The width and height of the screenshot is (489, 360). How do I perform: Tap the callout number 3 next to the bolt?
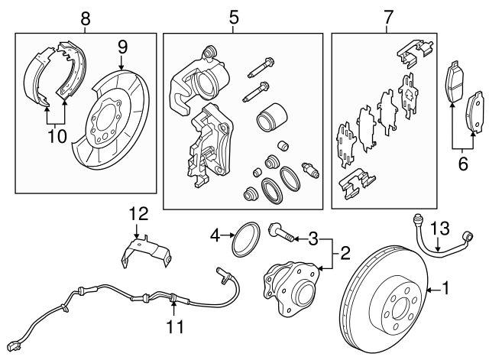coord(313,239)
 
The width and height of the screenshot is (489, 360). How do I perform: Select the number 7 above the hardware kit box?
coord(387,15)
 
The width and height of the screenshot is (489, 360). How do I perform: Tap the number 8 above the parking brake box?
coord(86,15)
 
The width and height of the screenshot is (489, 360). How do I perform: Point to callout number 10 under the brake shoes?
coord(56,136)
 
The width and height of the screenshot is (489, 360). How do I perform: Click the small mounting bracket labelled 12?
coord(142,250)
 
